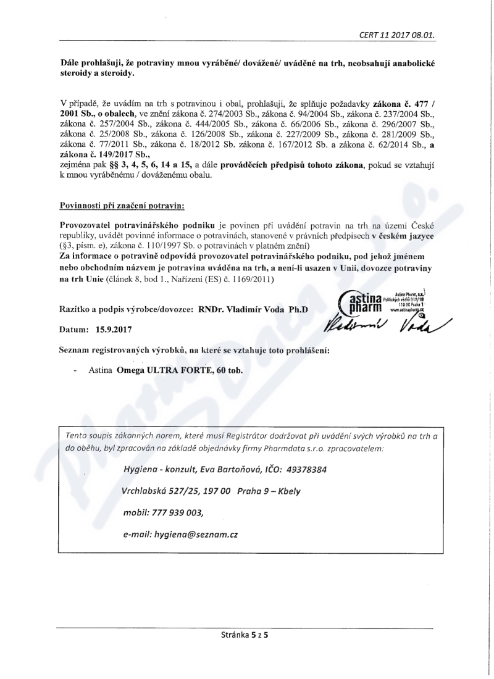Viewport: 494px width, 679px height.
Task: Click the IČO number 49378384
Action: (x=305, y=470)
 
